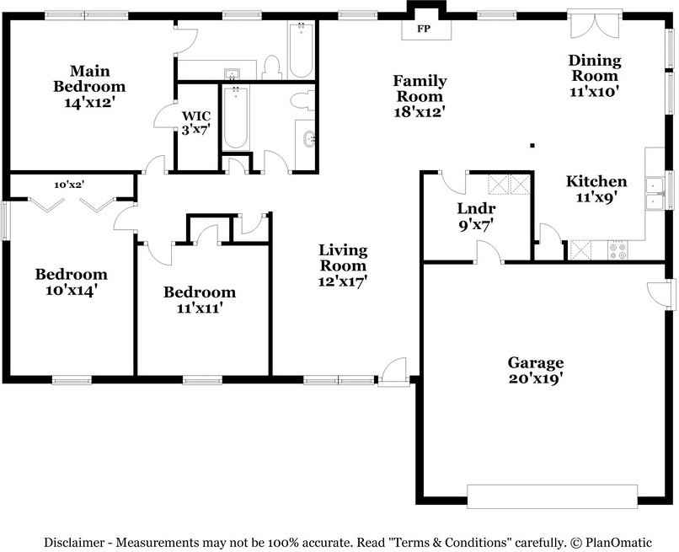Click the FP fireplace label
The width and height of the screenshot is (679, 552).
coord(424,29)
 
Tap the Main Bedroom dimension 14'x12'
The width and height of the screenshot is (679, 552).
coord(89,103)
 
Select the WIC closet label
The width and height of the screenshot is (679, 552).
coord(196,116)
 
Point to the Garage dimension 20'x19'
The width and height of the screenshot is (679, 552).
coord(536,378)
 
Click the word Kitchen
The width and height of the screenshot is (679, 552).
coord(596,181)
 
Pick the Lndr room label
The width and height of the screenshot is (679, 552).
coord(476,208)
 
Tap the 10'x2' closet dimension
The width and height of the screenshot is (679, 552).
coord(69,185)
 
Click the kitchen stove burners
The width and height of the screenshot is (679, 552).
coord(618,250)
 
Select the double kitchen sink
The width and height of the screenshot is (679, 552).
coord(655,193)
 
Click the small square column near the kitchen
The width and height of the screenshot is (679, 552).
coord(532,146)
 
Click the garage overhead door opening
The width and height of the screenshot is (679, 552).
coord(552,496)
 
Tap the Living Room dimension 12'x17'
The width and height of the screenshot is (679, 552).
coord(343,281)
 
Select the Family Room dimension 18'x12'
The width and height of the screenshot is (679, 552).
coord(420,112)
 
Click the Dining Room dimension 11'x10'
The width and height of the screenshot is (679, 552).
coord(594,92)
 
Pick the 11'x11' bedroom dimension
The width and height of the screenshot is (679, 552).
coord(200,308)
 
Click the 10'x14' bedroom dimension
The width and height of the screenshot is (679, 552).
coord(71,290)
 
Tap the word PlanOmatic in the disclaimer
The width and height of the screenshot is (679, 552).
coord(619,543)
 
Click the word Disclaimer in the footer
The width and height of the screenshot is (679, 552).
coord(74,543)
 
